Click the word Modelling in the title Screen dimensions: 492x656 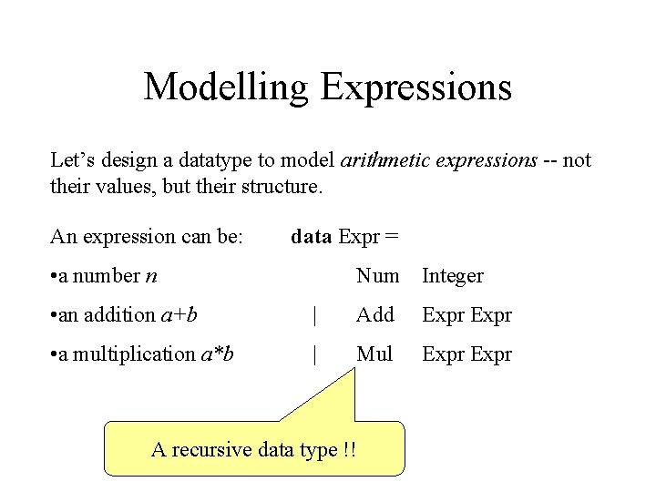(x=226, y=87)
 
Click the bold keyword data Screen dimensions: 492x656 (x=311, y=237)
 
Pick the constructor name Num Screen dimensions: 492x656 (x=377, y=275)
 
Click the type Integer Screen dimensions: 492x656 (x=452, y=276)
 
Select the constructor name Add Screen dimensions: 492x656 (x=374, y=315)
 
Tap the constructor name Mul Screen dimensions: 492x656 (x=374, y=354)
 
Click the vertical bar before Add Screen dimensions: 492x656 (x=314, y=316)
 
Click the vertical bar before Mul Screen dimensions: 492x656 (x=314, y=354)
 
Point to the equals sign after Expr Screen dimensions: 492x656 (x=392, y=237)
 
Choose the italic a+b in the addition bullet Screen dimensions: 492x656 (x=179, y=315)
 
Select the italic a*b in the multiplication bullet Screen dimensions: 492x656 (x=217, y=354)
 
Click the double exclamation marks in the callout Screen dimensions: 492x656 (x=351, y=449)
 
